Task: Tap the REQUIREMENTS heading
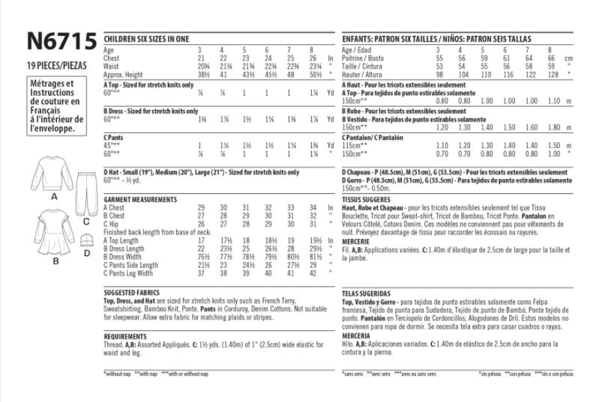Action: click(125, 337)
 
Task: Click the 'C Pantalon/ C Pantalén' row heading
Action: click(373, 137)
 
